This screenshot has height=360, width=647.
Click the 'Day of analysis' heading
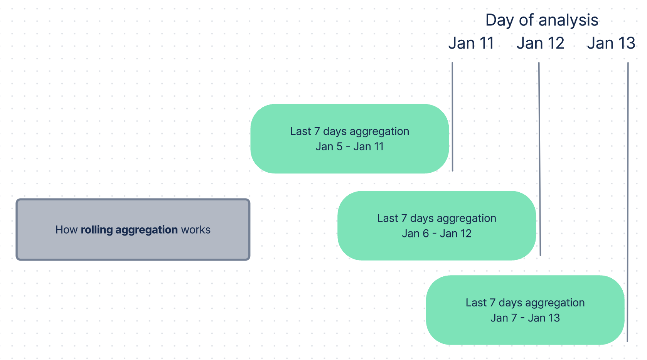click(x=542, y=20)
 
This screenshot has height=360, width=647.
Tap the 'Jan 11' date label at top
click(x=471, y=43)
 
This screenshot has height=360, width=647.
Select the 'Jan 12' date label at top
click(x=540, y=43)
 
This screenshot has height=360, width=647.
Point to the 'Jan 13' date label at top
click(x=611, y=43)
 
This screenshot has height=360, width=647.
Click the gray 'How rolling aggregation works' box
click(x=133, y=247)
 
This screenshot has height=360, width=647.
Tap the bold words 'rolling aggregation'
click(x=129, y=230)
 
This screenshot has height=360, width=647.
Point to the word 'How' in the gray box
click(x=67, y=230)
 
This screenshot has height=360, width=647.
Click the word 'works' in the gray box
click(x=196, y=230)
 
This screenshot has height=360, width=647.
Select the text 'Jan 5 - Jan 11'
click(x=350, y=147)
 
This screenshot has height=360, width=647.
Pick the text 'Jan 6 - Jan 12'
click(x=436, y=234)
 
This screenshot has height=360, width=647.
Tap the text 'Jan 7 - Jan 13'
click(x=525, y=318)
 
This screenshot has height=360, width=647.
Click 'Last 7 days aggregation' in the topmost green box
click(x=350, y=131)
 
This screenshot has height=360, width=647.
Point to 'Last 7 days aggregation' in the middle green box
click(x=436, y=218)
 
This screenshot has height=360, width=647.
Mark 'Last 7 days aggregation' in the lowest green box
click(x=525, y=303)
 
